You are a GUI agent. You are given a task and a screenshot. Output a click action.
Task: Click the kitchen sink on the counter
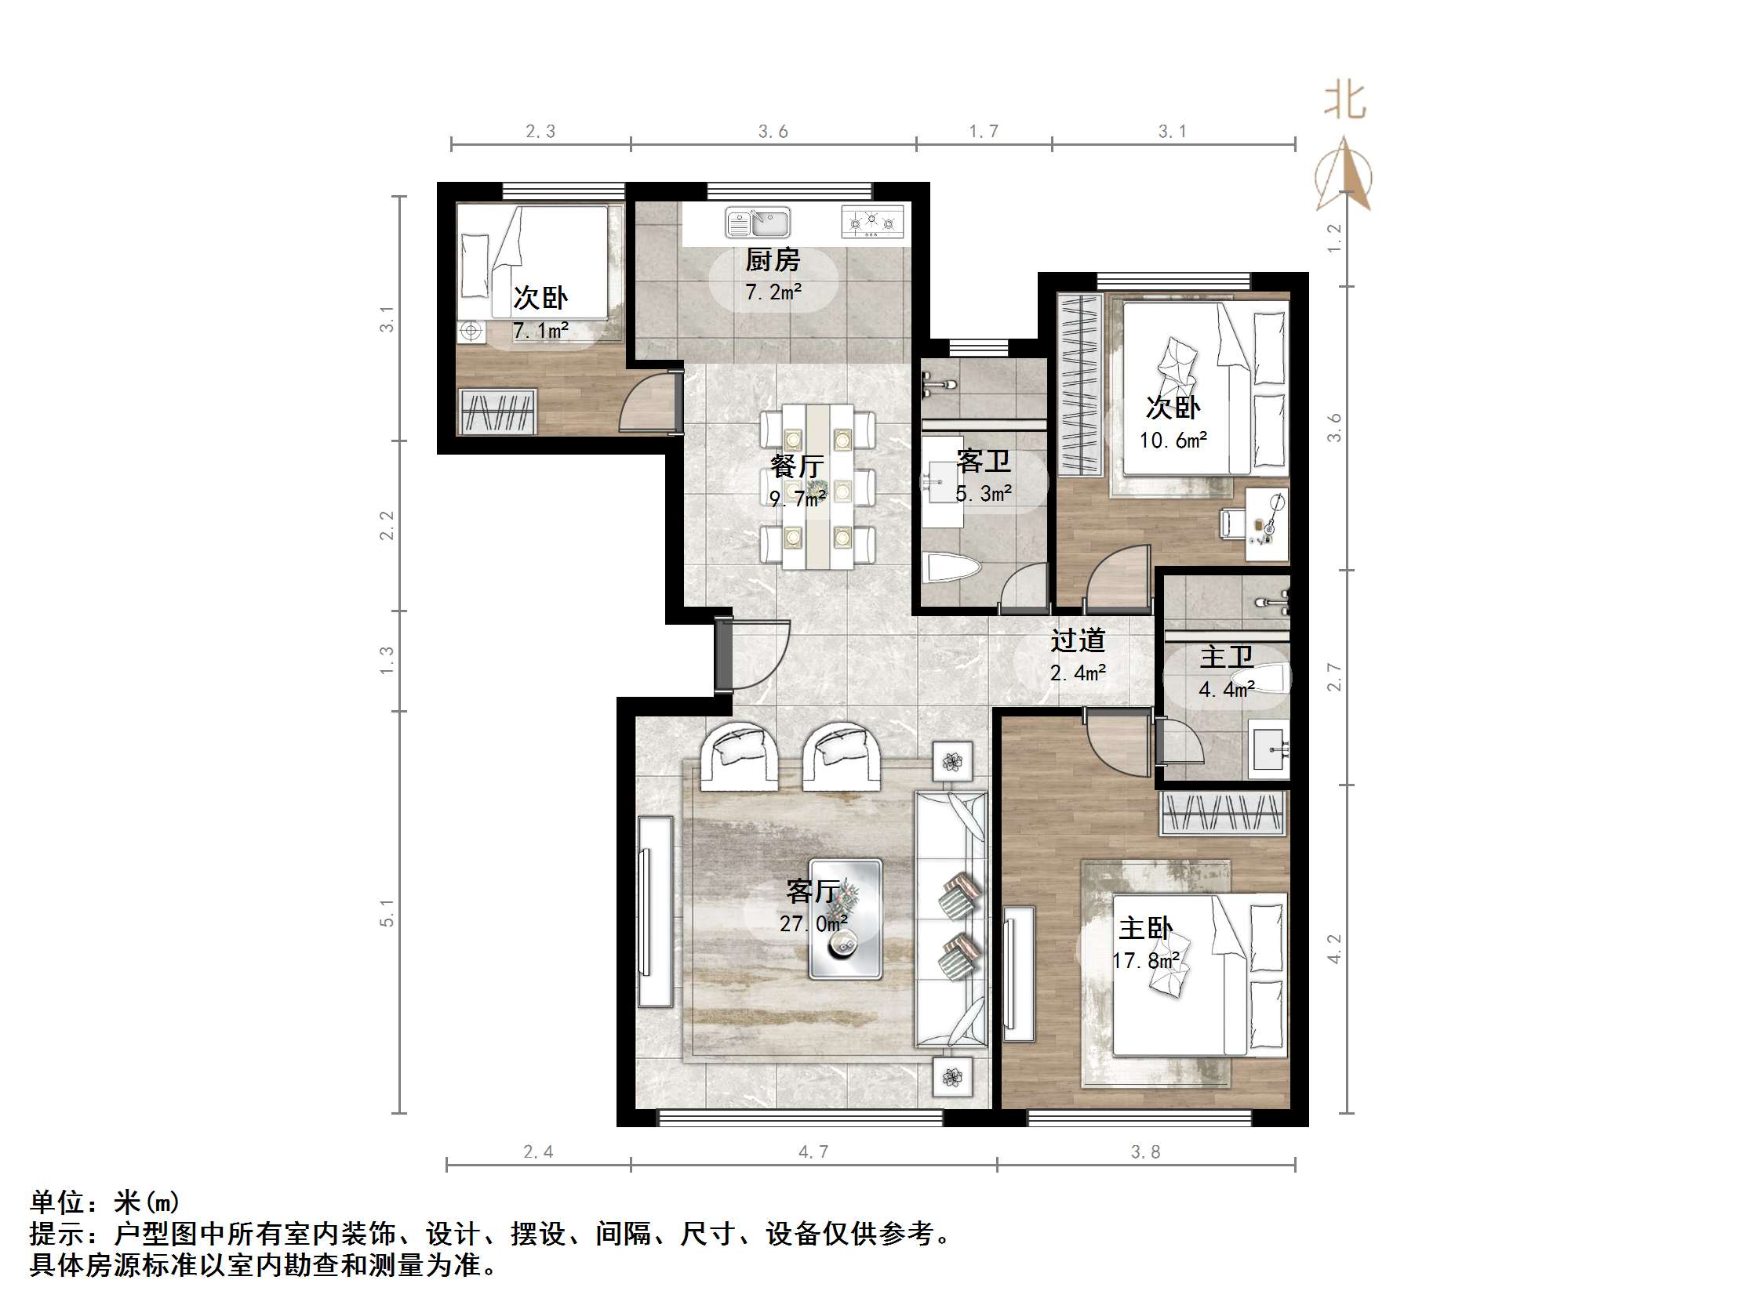[757, 223]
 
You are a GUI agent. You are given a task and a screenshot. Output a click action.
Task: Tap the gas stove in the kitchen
[872, 223]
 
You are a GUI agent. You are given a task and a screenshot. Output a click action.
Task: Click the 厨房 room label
[773, 259]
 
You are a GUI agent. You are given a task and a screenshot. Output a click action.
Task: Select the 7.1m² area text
[540, 331]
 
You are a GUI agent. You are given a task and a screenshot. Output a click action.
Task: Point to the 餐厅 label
[797, 466]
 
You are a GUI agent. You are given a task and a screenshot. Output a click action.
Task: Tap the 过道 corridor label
[1078, 640]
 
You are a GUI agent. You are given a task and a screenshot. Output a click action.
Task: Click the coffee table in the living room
[845, 919]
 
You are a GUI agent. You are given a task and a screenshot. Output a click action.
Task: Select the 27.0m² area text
[813, 923]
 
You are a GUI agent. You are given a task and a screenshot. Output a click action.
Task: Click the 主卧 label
[1145, 928]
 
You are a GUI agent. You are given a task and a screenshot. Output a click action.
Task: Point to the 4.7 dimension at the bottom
[813, 1152]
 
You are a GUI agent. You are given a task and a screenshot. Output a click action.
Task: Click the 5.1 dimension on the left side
[387, 913]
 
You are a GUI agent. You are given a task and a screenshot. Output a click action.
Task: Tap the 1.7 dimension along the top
[984, 132]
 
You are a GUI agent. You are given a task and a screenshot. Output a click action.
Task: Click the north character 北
[1344, 102]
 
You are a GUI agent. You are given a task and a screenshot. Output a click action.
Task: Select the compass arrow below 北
[1344, 175]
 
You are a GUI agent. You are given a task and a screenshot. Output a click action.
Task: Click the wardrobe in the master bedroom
[1222, 813]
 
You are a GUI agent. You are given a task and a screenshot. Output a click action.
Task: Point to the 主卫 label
[1226, 657]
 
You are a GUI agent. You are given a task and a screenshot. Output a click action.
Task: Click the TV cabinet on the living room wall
[654, 912]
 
